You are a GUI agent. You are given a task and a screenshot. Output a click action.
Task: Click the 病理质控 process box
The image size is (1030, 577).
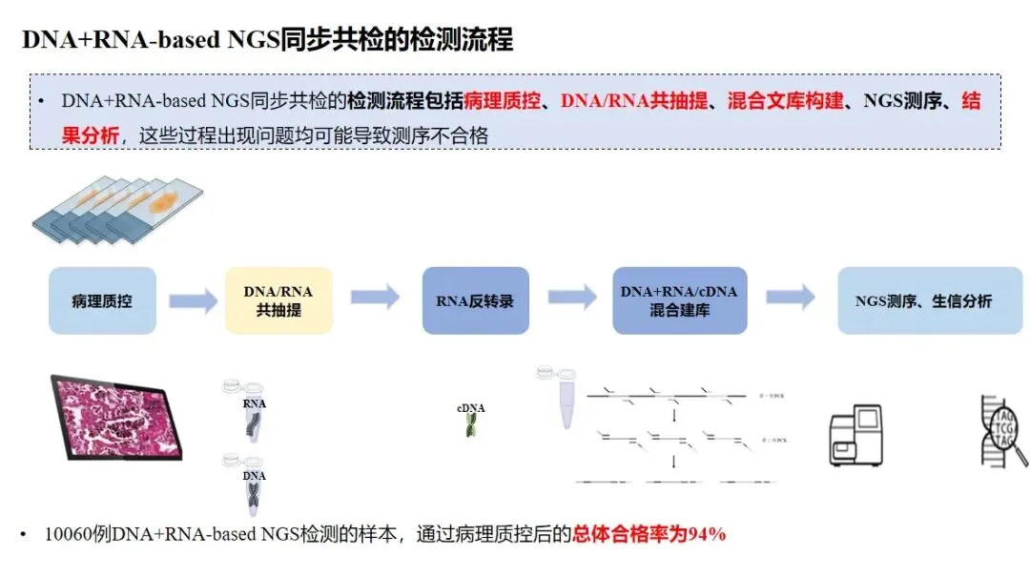[x=102, y=300]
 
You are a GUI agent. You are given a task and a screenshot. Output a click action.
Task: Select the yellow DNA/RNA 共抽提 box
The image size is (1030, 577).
[x=278, y=300]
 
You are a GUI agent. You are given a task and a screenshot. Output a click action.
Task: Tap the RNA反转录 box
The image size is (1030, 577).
[x=475, y=300]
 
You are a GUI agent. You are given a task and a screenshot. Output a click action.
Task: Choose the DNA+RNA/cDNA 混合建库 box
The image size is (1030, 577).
[x=679, y=300]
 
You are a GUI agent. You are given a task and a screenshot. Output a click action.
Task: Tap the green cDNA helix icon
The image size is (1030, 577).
[x=471, y=422]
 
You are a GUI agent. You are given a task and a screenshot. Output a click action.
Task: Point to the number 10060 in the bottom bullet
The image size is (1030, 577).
[x=67, y=534]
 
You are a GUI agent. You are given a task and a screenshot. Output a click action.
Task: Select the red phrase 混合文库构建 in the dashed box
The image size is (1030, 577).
[x=786, y=101]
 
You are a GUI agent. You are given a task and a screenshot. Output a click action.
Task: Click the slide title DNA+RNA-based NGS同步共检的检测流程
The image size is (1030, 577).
[x=267, y=39]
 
